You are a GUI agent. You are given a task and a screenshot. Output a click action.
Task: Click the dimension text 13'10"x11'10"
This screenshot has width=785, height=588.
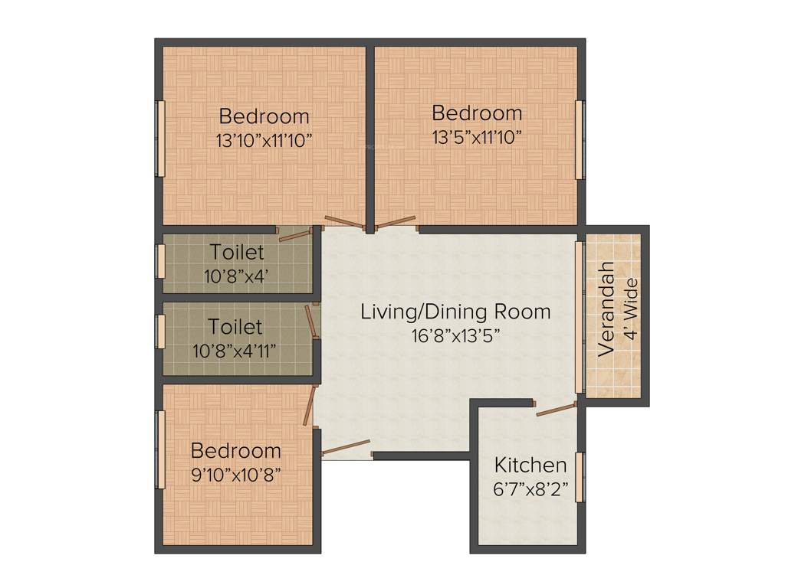[x=264, y=141]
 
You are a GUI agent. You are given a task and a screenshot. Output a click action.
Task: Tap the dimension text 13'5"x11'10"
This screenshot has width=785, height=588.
[x=477, y=137]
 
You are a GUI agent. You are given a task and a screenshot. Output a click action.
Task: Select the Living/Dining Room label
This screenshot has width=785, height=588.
[x=455, y=312]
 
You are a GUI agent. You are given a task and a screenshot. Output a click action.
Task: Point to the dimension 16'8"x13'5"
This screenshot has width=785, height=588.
[x=455, y=335]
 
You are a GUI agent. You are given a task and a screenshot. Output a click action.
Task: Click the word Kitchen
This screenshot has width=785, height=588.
[x=530, y=465]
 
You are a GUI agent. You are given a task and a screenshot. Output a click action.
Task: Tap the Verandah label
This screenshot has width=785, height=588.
[x=606, y=309]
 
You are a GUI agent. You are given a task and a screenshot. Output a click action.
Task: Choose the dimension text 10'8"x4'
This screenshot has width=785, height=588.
[x=235, y=276]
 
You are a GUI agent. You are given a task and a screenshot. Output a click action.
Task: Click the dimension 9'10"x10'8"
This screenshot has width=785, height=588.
[x=235, y=474]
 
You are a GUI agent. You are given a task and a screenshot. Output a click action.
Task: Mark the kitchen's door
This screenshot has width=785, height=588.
[x=556, y=410]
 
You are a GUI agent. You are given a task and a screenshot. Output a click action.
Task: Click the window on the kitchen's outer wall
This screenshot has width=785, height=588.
[x=580, y=476]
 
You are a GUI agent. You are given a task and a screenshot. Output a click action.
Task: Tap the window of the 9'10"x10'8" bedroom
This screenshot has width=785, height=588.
[x=160, y=449]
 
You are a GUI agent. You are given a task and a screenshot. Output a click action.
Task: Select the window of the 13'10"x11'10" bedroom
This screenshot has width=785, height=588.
[x=160, y=138]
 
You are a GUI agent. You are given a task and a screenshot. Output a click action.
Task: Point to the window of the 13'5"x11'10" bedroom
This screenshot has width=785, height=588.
[x=580, y=139]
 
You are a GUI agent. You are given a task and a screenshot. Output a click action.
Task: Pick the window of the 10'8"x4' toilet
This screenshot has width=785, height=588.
[x=160, y=261]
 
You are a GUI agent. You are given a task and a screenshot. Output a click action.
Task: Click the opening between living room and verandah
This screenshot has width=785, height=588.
[x=580, y=318]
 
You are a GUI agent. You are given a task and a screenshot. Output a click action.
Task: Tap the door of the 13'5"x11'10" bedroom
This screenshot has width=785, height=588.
[x=398, y=223]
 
